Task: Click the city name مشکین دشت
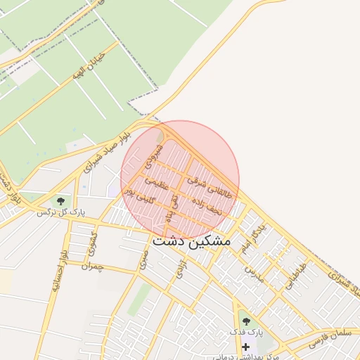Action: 191,240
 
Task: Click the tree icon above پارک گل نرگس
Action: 60,201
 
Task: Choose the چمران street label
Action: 91,267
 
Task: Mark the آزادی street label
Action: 178,273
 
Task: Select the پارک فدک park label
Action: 245,331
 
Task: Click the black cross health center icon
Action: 245,347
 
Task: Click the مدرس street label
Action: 254,274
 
